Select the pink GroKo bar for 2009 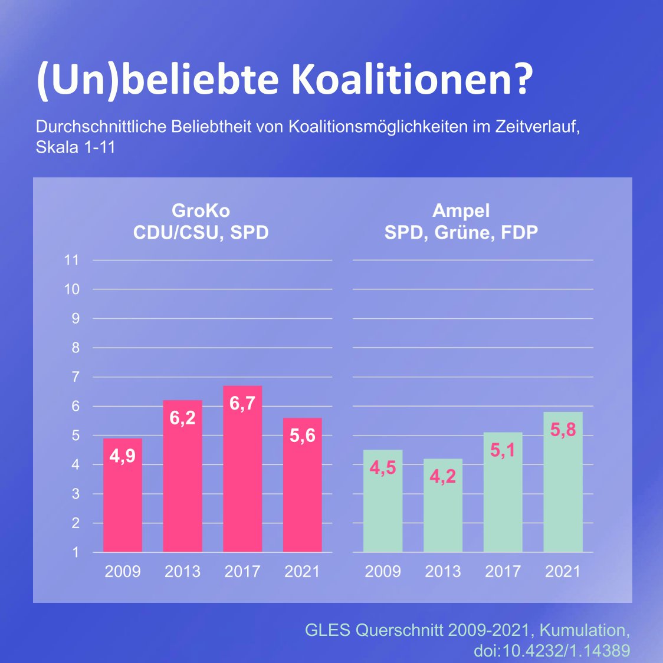tap(123, 501)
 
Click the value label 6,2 tap(182, 418)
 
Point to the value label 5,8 tap(563, 430)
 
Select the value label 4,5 tap(383, 468)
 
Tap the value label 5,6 tap(302, 436)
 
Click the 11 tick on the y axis tap(71, 260)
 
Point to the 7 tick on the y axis tap(75, 377)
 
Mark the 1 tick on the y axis tap(75, 552)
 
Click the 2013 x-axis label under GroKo tap(182, 571)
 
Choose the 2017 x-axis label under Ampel tap(503, 571)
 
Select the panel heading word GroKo tap(201, 210)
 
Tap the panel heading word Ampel tap(461, 210)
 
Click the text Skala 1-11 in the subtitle tap(76, 147)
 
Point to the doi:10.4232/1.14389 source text tap(552, 650)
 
